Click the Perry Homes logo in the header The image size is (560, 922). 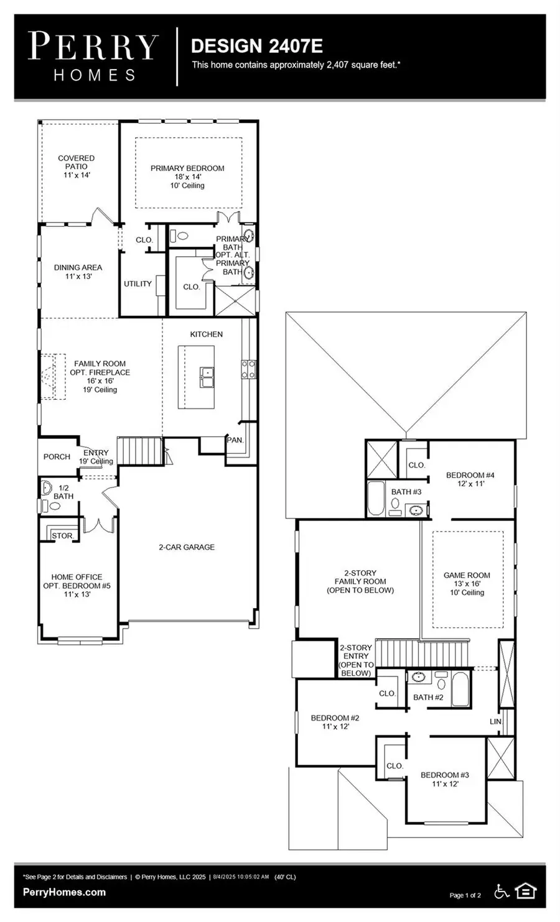click(x=93, y=57)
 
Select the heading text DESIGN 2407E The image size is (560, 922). click(x=256, y=46)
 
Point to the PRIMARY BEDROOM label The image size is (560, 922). click(x=187, y=168)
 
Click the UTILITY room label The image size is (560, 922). click(x=138, y=284)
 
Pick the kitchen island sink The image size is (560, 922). click(x=207, y=374)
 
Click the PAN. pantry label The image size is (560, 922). click(x=235, y=440)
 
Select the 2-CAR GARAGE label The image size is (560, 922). click(x=186, y=547)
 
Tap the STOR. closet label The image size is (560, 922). click(x=62, y=536)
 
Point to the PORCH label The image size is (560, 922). click(x=57, y=457)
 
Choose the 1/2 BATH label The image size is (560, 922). click(x=63, y=492)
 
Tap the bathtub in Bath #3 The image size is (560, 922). click(x=376, y=499)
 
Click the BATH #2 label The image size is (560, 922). click(x=428, y=698)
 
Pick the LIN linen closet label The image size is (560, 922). click(x=495, y=722)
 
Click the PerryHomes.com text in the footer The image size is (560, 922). click(x=64, y=893)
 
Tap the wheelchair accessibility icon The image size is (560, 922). click(x=502, y=892)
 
